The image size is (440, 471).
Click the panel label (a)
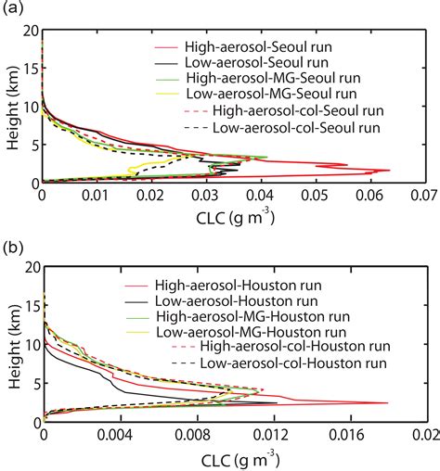click(x=13, y=9)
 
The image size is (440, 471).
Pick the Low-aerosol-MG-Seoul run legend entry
click(x=259, y=94)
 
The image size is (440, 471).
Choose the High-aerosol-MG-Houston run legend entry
click(x=252, y=314)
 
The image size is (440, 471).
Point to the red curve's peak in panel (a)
click(x=390, y=171)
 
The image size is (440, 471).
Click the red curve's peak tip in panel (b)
click(x=388, y=402)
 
